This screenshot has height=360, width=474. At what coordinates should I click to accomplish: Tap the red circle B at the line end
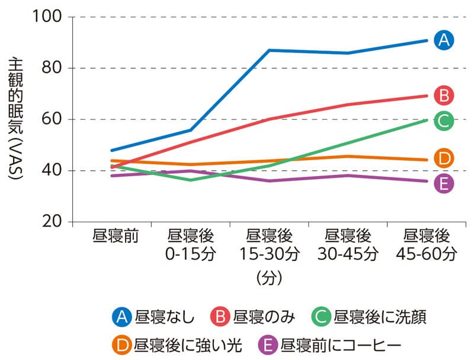coord(443,95)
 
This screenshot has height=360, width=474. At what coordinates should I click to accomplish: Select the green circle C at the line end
coord(443,121)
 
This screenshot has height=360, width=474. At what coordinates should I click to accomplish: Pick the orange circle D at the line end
coord(443,158)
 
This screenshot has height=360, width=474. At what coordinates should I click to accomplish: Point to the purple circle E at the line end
coord(443,184)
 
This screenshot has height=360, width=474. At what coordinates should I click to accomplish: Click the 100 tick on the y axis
coord(49,17)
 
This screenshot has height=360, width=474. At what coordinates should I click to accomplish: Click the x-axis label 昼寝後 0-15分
coord(191,245)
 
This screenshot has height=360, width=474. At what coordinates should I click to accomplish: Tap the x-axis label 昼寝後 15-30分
coord(270,245)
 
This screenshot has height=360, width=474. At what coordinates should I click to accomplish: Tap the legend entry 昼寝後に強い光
coord(175,344)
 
